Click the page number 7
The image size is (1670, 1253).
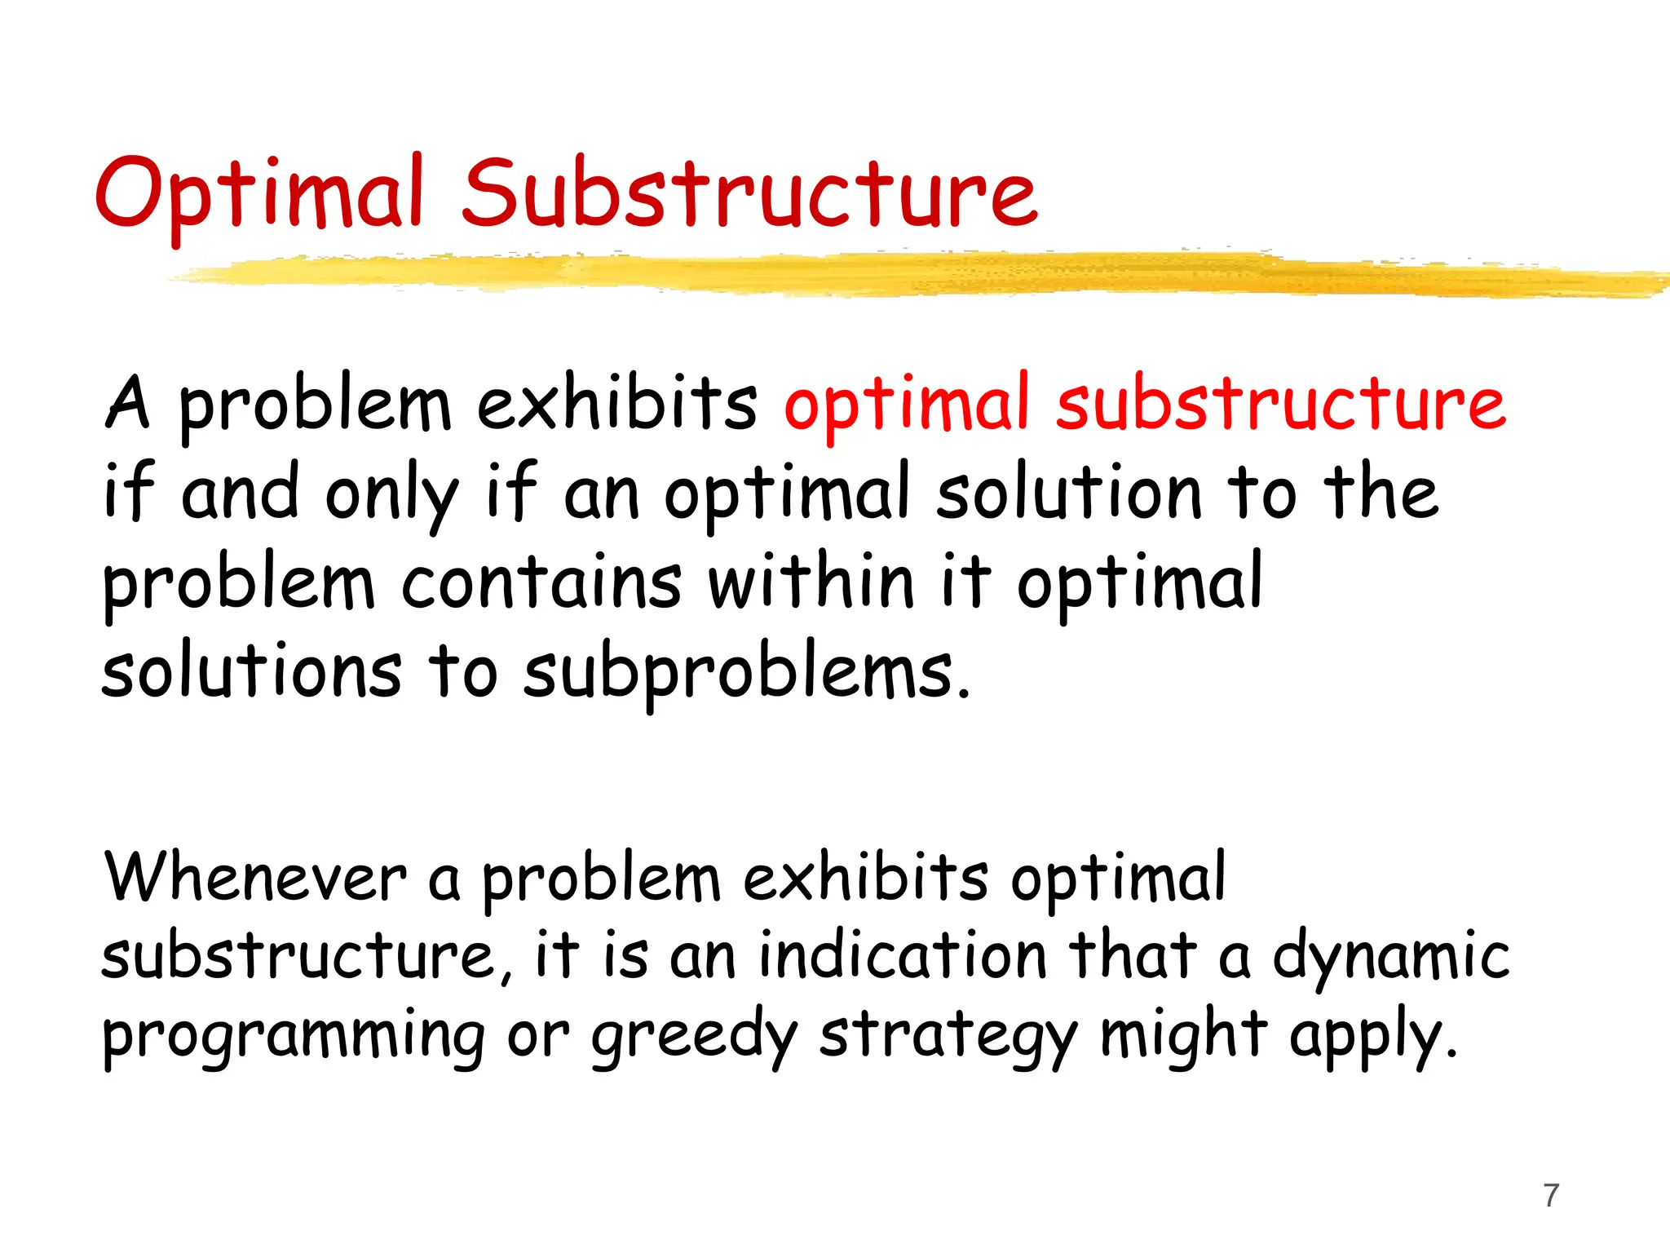coord(1551,1195)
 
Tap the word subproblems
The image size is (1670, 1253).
coord(738,673)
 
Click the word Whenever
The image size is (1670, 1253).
coord(255,879)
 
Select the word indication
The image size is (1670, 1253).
coord(903,956)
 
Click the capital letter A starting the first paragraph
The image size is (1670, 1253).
coord(128,403)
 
